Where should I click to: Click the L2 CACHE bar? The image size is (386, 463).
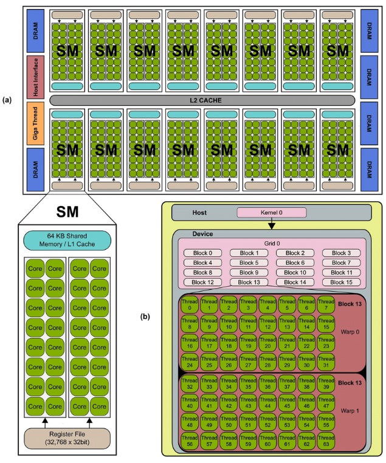coord(202,99)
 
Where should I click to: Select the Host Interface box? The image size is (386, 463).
coord(34,77)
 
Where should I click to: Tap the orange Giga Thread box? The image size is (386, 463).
coord(34,123)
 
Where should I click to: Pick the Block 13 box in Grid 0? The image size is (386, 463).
coord(249,283)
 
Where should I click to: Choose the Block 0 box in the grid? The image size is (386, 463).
coord(202,253)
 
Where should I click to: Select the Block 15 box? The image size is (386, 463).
coord(341,283)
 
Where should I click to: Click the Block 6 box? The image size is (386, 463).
coord(295,263)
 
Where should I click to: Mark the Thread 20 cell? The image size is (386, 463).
coord(267,342)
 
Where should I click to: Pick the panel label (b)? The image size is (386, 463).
coord(146,315)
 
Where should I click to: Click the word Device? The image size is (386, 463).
coord(202,233)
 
